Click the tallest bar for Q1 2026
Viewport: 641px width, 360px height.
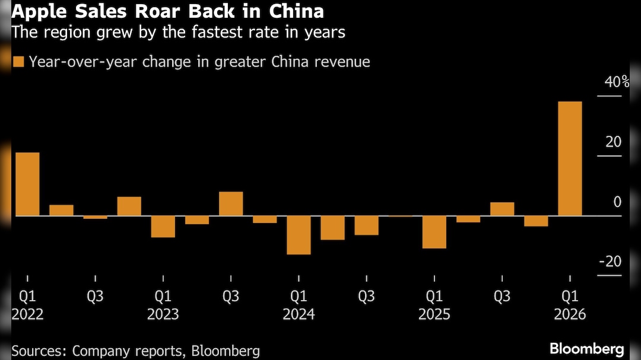[570, 158]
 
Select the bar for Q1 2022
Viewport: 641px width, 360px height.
[27, 184]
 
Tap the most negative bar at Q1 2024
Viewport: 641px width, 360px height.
[299, 235]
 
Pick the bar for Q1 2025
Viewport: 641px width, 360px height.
[434, 232]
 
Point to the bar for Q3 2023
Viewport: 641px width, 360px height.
[231, 203]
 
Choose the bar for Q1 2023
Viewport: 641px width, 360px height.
[163, 227]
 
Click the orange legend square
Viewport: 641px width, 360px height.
[18, 62]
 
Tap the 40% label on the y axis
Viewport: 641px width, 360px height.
[617, 82]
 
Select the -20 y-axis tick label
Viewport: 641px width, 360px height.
[610, 262]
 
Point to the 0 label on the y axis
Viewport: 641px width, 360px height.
[617, 202]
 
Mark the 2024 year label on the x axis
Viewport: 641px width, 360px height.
[299, 314]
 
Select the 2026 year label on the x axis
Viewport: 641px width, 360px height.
[570, 314]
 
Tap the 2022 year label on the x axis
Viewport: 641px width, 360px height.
[27, 314]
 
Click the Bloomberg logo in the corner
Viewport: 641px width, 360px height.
[586, 349]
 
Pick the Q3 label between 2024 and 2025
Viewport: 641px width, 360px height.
[366, 295]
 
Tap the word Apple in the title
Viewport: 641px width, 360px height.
[34, 12]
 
